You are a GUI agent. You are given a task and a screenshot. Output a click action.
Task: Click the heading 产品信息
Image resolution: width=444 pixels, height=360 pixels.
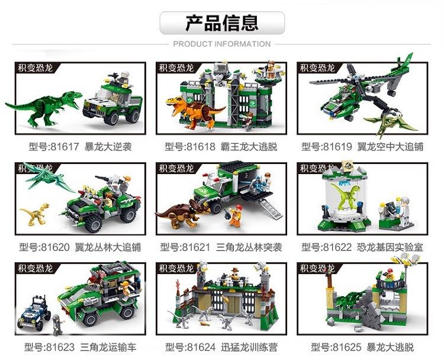[222, 23]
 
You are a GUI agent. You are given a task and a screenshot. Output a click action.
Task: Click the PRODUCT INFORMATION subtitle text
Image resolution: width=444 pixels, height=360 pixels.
[222, 44]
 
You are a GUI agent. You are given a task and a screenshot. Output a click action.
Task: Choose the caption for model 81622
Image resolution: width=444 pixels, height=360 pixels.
[362, 247]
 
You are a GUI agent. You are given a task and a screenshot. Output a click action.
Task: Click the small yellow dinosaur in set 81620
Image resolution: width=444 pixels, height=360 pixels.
[34, 213]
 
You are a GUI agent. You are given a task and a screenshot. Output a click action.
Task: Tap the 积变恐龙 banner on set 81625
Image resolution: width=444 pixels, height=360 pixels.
[318, 269]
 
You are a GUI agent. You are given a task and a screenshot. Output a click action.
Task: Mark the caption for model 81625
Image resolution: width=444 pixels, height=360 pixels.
[362, 347]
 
